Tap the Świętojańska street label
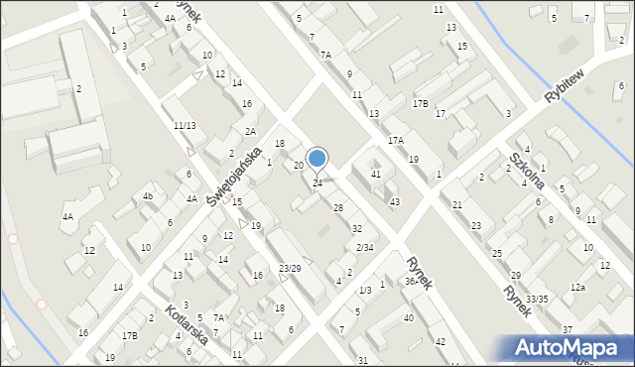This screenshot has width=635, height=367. (234, 177)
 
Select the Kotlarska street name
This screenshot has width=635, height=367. (187, 322)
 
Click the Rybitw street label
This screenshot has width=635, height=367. (568, 86)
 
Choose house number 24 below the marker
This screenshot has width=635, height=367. (317, 183)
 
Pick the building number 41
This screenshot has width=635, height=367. (375, 175)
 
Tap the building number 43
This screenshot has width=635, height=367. (394, 202)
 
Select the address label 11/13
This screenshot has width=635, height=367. (185, 125)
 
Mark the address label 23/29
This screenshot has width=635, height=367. (290, 269)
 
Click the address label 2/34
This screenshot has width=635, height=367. (365, 247)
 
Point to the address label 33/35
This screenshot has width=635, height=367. (537, 299)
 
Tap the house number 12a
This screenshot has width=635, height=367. (577, 288)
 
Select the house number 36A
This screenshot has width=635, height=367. (411, 281)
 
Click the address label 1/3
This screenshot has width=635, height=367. (365, 290)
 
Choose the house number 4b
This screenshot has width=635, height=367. (147, 196)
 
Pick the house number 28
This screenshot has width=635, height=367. (338, 207)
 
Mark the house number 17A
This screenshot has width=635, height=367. (396, 142)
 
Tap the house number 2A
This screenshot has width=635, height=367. (251, 131)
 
